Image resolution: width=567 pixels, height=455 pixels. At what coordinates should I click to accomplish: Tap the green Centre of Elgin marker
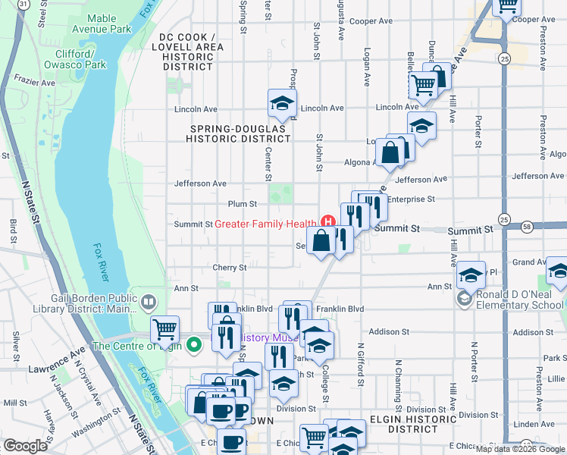193,345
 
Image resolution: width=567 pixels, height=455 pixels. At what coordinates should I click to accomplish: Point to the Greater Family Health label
265,224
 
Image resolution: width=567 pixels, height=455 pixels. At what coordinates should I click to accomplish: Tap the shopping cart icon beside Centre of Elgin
164,329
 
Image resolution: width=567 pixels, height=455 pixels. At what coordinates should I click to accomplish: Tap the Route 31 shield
24,4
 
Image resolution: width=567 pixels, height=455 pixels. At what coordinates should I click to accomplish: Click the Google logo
25,446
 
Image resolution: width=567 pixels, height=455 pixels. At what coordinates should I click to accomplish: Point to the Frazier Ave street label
27,78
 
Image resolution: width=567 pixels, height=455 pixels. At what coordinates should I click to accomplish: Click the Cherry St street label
230,267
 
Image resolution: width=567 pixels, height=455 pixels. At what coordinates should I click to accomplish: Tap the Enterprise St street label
411,199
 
